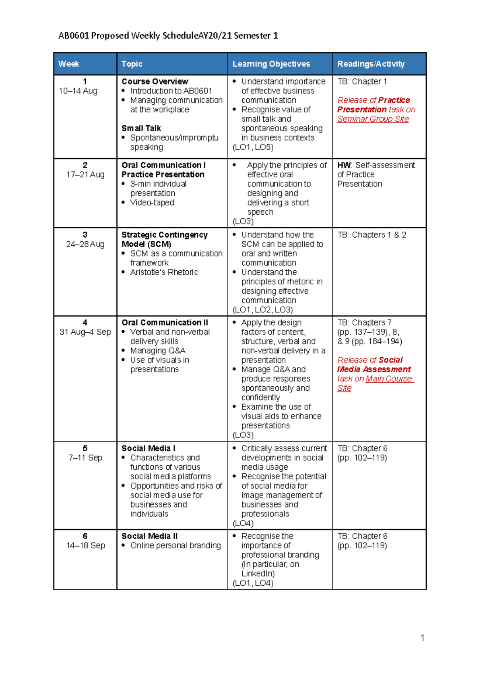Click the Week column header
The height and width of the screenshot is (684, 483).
tap(69, 64)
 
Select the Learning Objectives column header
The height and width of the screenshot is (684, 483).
tap(271, 64)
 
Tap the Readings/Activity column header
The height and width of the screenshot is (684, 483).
tap(371, 64)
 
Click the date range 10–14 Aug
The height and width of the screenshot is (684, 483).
tap(78, 91)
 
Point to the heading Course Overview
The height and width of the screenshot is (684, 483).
tap(155, 81)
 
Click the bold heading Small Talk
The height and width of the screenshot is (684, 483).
tap(141, 128)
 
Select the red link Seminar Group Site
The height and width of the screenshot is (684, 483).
tap(373, 119)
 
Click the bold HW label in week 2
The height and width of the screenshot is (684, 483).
tap(344, 165)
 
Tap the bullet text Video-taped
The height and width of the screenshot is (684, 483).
tap(152, 203)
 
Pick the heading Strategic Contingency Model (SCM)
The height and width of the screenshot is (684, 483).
tap(164, 239)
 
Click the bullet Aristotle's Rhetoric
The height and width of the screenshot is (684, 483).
tap(164, 272)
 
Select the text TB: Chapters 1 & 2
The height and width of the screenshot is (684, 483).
tap(372, 235)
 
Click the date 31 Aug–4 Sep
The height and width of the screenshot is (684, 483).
tap(85, 332)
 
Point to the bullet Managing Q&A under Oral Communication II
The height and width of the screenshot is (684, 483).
tap(157, 350)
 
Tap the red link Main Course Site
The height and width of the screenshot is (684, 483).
tap(389, 379)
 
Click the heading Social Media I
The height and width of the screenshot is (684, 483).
tap(148, 448)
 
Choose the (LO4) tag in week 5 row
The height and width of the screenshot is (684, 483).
tap(243, 523)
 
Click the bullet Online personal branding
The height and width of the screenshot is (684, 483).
tap(175, 545)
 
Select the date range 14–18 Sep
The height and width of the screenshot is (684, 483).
tap(85, 545)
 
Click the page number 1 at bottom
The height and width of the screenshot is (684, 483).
tap(422, 638)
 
